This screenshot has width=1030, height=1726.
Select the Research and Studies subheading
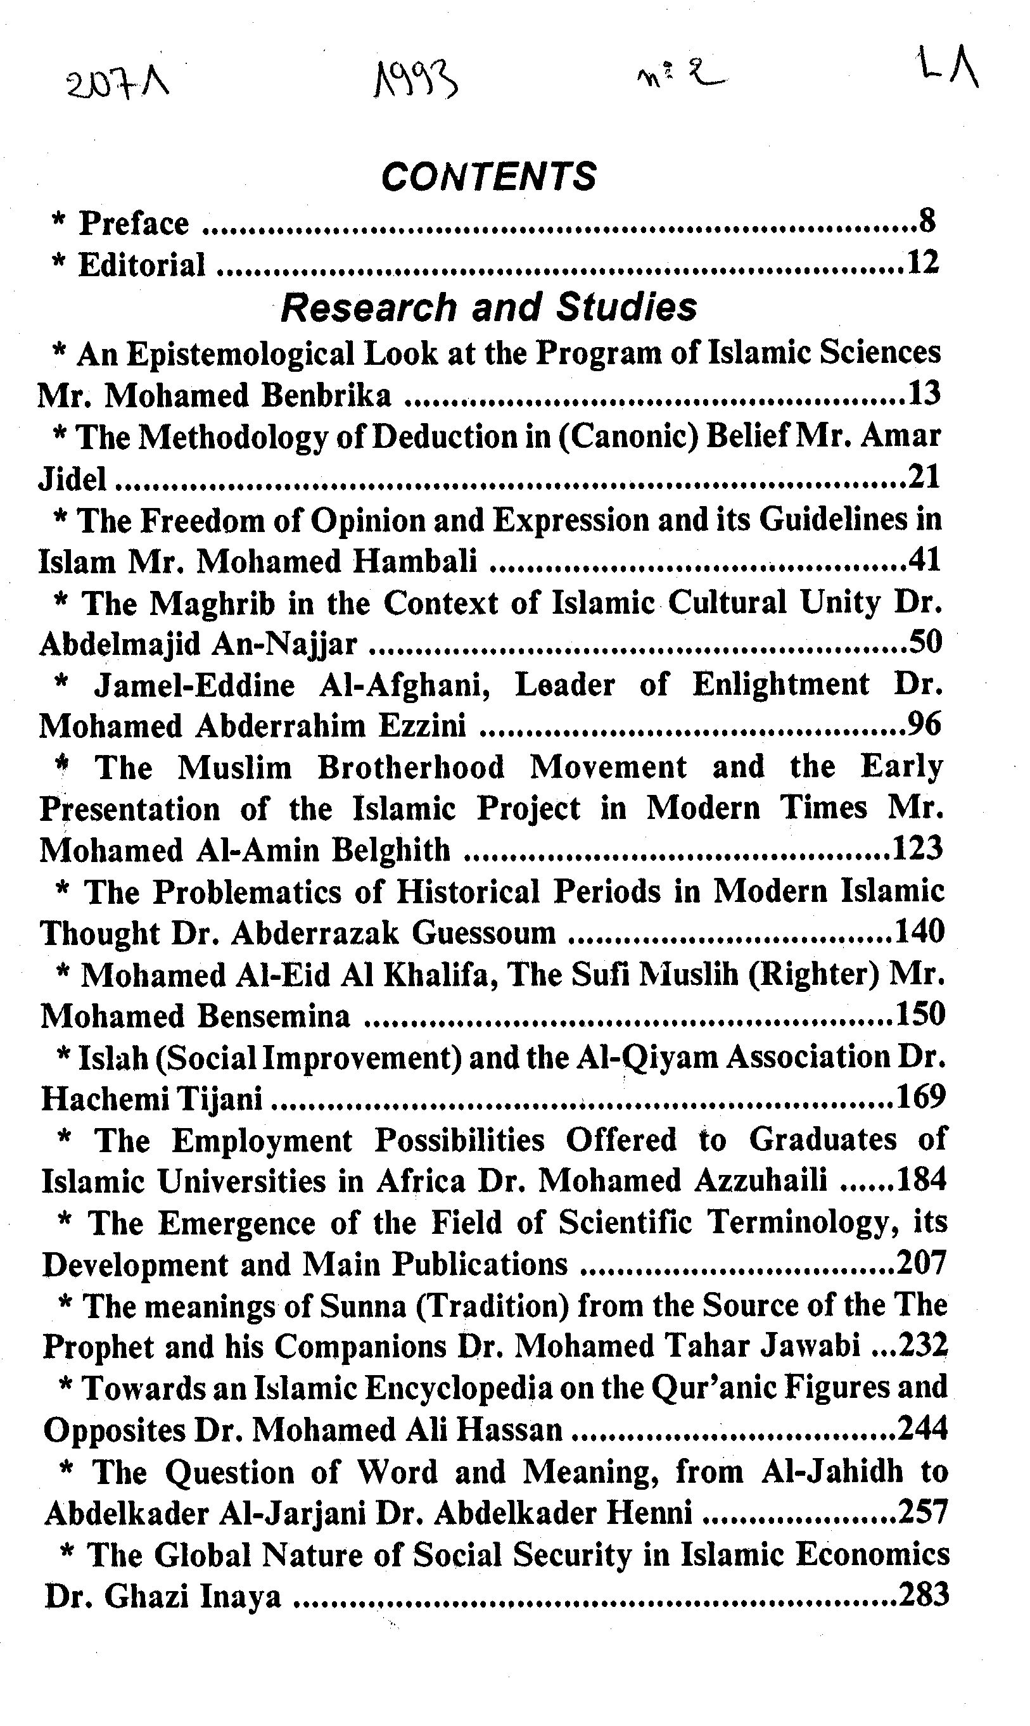tap(488, 307)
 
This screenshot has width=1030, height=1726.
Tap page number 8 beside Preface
tap(927, 222)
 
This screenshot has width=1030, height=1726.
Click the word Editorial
tap(142, 265)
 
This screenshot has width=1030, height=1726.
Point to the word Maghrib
tap(213, 603)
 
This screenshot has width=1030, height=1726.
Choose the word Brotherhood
tap(411, 768)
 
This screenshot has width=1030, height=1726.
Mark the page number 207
tap(922, 1263)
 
